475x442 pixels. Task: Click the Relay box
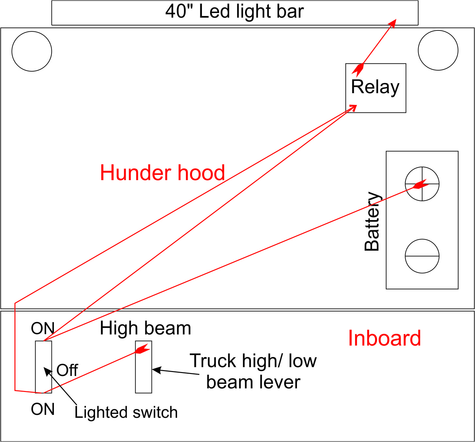[376, 88]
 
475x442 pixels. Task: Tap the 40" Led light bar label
[235, 12]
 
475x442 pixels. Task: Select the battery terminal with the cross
[422, 184]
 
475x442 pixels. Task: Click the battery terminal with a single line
[422, 256]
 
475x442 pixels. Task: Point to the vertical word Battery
[372, 221]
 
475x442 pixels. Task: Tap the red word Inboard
[384, 338]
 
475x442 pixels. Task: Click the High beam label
[145, 328]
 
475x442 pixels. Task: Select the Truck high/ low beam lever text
[253, 371]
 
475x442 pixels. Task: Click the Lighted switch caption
[126, 412]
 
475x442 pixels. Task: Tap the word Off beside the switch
[67, 370]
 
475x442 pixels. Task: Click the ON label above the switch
[42, 329]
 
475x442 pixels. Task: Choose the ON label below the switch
[42, 409]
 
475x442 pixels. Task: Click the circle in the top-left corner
[32, 51]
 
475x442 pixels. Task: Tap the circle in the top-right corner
[438, 50]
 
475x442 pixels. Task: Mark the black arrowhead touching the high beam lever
[156, 370]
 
